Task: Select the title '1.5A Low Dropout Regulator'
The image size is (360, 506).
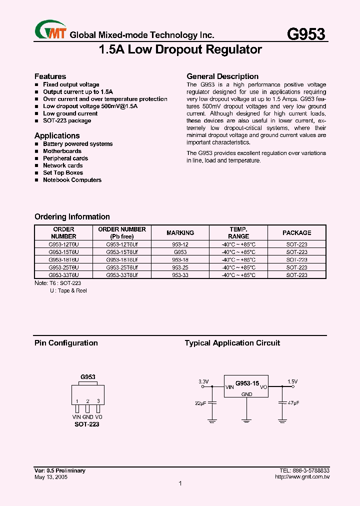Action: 180,50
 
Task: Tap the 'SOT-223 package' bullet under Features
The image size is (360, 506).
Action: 67,120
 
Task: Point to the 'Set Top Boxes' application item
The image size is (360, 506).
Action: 63,172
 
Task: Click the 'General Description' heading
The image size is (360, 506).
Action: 222,76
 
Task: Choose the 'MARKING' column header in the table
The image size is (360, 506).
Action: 180,233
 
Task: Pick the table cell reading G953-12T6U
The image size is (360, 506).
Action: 63,244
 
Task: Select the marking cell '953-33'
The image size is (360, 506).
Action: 180,275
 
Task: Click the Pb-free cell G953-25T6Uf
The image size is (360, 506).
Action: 122,267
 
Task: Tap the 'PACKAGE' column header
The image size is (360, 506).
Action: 296,233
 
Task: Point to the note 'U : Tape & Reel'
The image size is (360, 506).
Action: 68,290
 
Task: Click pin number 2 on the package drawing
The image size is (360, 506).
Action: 87,401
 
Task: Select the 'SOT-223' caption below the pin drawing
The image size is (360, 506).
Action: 87,424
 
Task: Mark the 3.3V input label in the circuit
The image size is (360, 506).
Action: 203,381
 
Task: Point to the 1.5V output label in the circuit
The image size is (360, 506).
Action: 292,381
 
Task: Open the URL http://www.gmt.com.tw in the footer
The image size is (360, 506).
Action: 302,477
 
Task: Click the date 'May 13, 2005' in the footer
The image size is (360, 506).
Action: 51,477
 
